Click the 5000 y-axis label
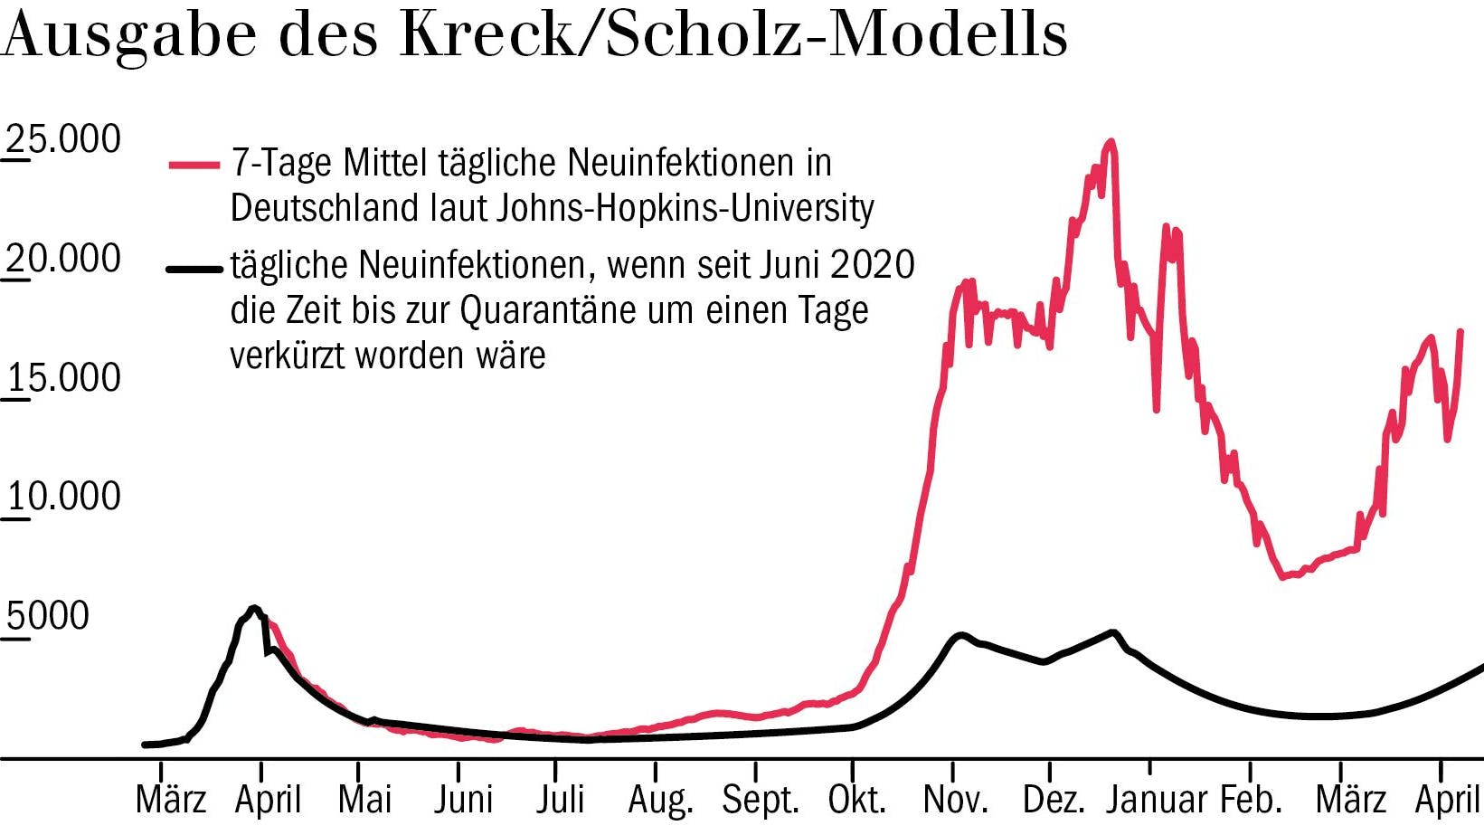tap(48, 616)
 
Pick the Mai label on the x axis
tap(364, 800)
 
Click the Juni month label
tap(463, 800)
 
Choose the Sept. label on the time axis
tap(761, 800)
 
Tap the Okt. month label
tap(856, 800)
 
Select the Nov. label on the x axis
tap(955, 800)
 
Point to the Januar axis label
tap(1158, 800)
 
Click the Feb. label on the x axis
tap(1252, 800)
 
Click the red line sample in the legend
tap(194, 166)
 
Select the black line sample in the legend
tap(194, 269)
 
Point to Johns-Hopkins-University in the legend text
tap(685, 208)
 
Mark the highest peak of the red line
tap(1111, 141)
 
